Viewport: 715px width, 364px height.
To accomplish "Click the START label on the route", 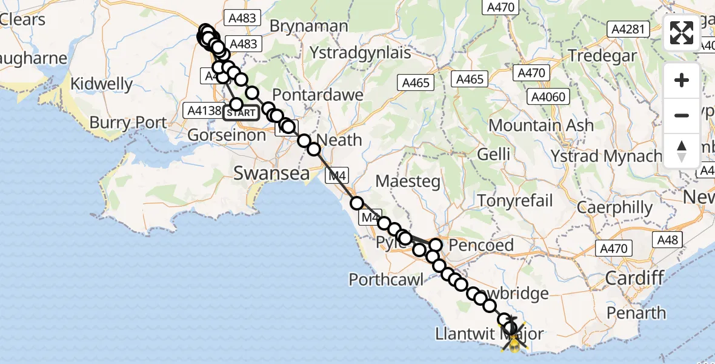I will coord(242,113).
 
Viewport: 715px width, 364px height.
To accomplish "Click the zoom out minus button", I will coord(682,115).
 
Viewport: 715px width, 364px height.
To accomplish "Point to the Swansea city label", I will coord(272,174).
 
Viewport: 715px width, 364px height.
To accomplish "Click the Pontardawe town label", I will coord(318,95).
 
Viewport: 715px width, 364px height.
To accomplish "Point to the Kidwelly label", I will coord(102,84).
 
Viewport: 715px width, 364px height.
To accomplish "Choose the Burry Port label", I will coord(128,123).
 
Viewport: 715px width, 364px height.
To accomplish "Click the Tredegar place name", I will coord(603,55).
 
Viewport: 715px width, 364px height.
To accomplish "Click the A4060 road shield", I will coord(548,96).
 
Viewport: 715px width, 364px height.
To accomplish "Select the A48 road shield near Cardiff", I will coord(668,240).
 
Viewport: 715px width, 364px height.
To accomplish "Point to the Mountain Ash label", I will coord(541,126).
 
